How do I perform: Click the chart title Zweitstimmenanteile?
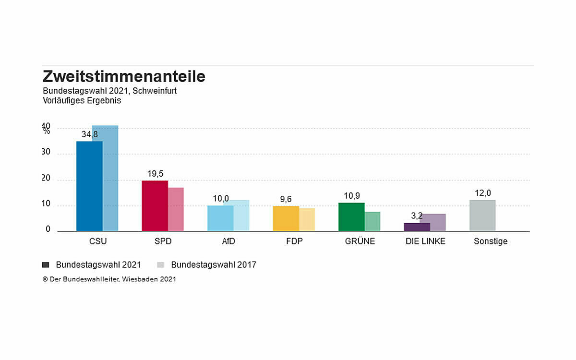pos(124,76)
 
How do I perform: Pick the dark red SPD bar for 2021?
pos(155,206)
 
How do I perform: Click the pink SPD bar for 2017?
pos(176,209)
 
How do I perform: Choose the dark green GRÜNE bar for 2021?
pos(351,217)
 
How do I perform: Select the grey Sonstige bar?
pos(482,216)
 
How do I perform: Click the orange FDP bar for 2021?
pos(286,219)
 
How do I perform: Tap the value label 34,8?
pos(89,134)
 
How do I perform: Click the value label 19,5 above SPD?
pos(155,174)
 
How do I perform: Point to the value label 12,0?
pos(483,193)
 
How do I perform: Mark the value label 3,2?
pos(417,216)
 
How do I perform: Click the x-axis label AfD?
pos(228,241)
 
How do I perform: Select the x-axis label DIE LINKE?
pos(425,241)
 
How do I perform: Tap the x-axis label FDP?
pos(294,241)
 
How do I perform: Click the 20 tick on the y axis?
pos(46,178)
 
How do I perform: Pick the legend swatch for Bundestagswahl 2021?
pos(46,264)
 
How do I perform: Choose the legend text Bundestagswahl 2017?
pos(214,264)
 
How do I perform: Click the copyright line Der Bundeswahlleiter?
pos(109,279)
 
